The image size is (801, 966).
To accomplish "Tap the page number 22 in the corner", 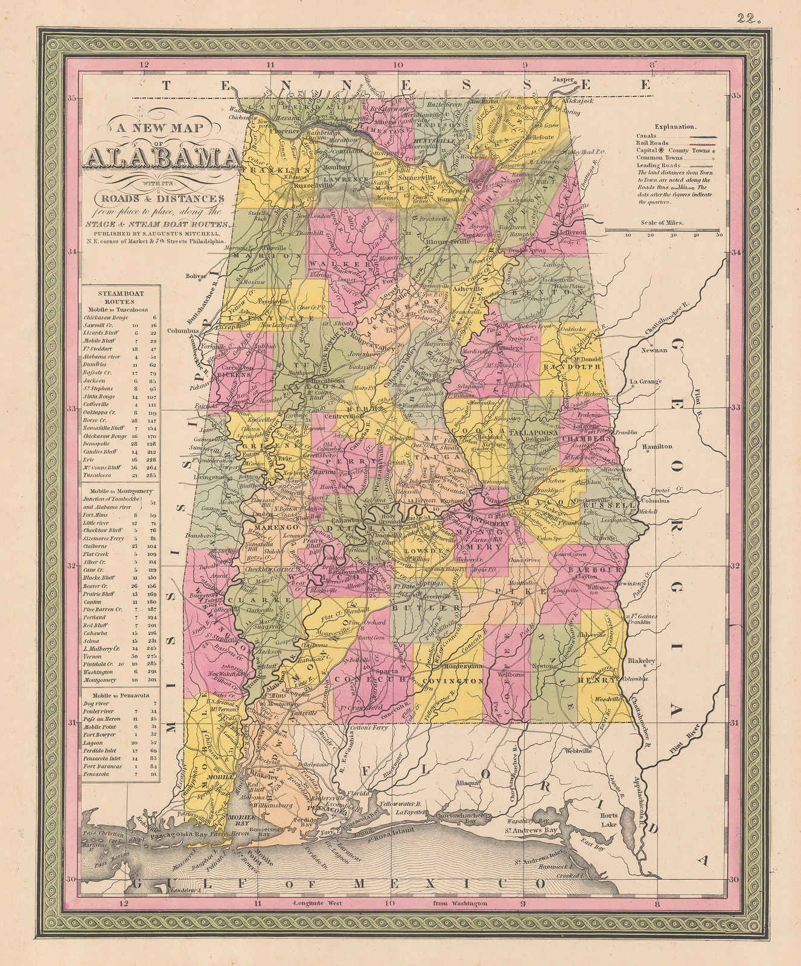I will pos(750,18).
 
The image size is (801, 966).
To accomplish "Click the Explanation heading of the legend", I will pos(675,127).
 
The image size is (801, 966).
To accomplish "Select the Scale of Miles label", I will pos(663,222).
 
